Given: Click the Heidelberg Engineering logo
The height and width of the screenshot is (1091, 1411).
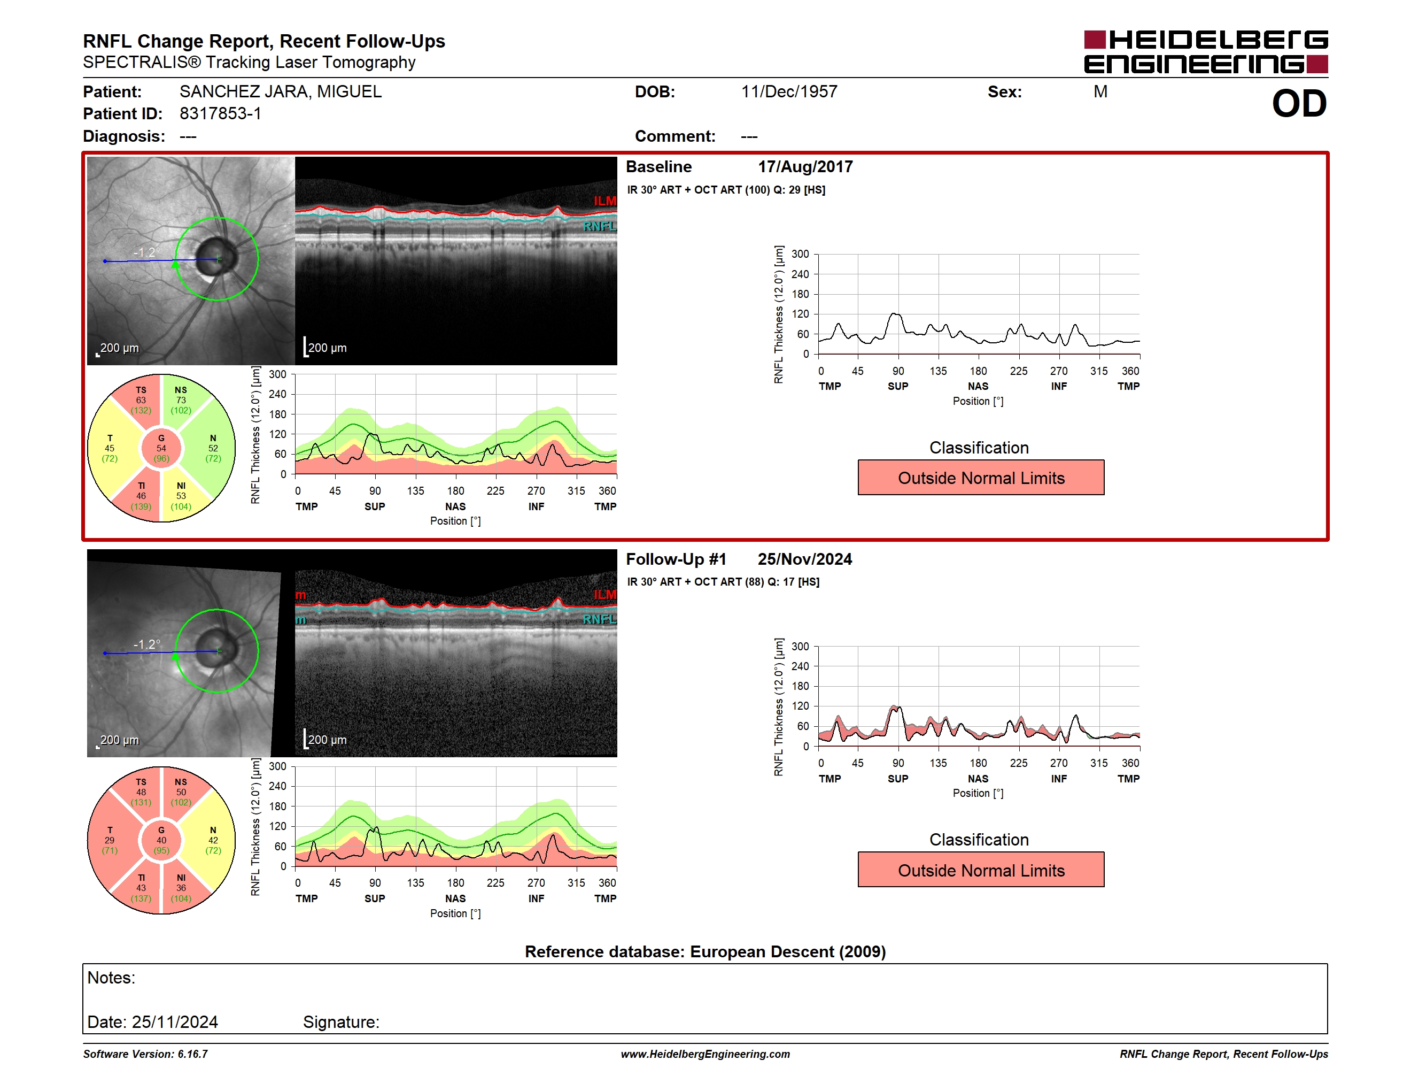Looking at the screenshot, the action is pyautogui.click(x=1206, y=52).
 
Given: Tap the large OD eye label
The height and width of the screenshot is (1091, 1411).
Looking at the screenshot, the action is pyautogui.click(x=1299, y=103).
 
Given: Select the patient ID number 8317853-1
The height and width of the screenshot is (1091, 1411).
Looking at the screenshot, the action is pyautogui.click(x=220, y=114).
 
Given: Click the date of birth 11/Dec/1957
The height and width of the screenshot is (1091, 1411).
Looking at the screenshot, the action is pyautogui.click(x=789, y=92).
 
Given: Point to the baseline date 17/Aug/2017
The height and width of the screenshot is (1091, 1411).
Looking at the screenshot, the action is pyautogui.click(x=805, y=167).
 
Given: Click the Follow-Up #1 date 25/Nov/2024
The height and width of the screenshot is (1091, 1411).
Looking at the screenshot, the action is pyautogui.click(x=805, y=559).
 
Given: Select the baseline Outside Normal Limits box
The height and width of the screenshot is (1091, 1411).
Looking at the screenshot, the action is pyautogui.click(x=981, y=478).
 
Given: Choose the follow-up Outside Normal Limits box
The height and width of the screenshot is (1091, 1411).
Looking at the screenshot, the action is pyautogui.click(x=981, y=870).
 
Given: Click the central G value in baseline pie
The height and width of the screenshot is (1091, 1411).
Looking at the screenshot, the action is pyautogui.click(x=161, y=448).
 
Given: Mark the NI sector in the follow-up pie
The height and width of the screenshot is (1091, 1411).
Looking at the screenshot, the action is pyautogui.click(x=181, y=888).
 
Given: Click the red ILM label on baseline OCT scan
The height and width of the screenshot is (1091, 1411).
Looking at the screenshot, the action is pyautogui.click(x=604, y=201).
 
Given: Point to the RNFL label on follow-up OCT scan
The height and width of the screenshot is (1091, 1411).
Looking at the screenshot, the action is pyautogui.click(x=600, y=619).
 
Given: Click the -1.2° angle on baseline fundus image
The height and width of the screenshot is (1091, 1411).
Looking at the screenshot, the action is pyautogui.click(x=146, y=252).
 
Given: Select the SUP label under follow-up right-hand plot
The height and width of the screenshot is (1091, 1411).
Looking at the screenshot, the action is pyautogui.click(x=897, y=779).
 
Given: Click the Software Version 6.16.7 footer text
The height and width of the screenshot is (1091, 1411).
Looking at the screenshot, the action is pyautogui.click(x=145, y=1054).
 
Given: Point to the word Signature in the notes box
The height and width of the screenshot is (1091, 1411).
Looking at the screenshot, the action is pyautogui.click(x=341, y=1022).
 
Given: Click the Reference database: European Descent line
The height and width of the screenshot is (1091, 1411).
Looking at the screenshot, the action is pyautogui.click(x=705, y=951).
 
